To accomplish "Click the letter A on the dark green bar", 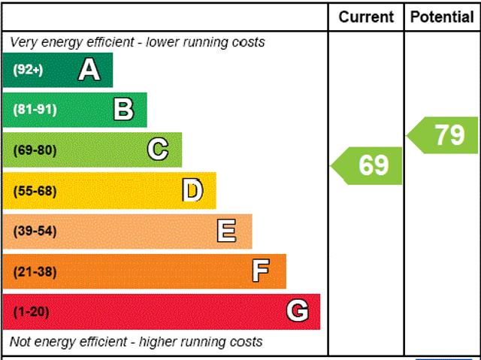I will (x=89, y=70).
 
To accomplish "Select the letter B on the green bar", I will (x=123, y=110).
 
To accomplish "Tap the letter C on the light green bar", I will (x=158, y=150).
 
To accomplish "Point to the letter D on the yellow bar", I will (x=192, y=191).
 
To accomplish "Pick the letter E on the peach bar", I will (x=226, y=231).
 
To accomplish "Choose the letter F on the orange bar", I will (x=261, y=271).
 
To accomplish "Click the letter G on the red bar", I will (x=298, y=311).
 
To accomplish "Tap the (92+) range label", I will (x=29, y=70).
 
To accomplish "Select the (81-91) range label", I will (x=35, y=110).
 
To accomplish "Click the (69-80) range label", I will (x=35, y=150).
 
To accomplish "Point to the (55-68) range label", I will (x=35, y=191).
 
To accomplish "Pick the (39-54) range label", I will (x=35, y=231).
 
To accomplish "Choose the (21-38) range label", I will (x=35, y=271).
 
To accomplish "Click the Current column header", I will (x=366, y=17).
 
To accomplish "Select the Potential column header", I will (x=442, y=17).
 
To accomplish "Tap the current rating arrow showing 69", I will (x=368, y=165).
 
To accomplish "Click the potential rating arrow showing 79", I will (x=444, y=135).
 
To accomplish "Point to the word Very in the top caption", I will (x=24, y=42).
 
